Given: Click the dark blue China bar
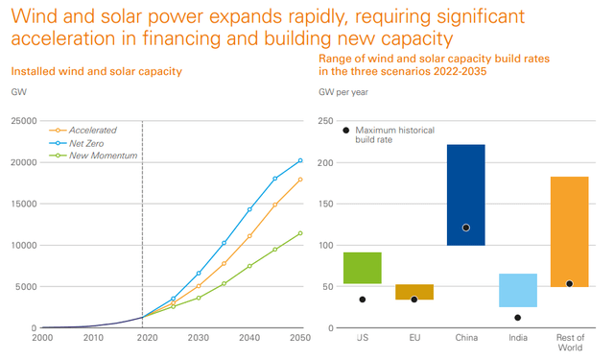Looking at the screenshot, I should pyautogui.click(x=465, y=194).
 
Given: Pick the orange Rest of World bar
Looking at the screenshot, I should pyautogui.click(x=569, y=231).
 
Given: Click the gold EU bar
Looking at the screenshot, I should pyautogui.click(x=413, y=292).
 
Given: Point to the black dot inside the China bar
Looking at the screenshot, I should pyautogui.click(x=465, y=228).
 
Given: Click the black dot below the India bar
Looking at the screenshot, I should pyautogui.click(x=517, y=318).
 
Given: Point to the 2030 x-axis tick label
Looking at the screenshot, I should pyautogui.click(x=197, y=338).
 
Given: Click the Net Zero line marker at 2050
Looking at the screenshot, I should pyautogui.click(x=300, y=160).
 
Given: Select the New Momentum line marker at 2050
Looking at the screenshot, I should pyautogui.click(x=300, y=233).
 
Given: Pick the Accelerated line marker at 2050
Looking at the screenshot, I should pyautogui.click(x=300, y=180).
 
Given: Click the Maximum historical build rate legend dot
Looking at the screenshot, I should pyautogui.click(x=345, y=130).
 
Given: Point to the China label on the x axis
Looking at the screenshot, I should pyautogui.click(x=465, y=338).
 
